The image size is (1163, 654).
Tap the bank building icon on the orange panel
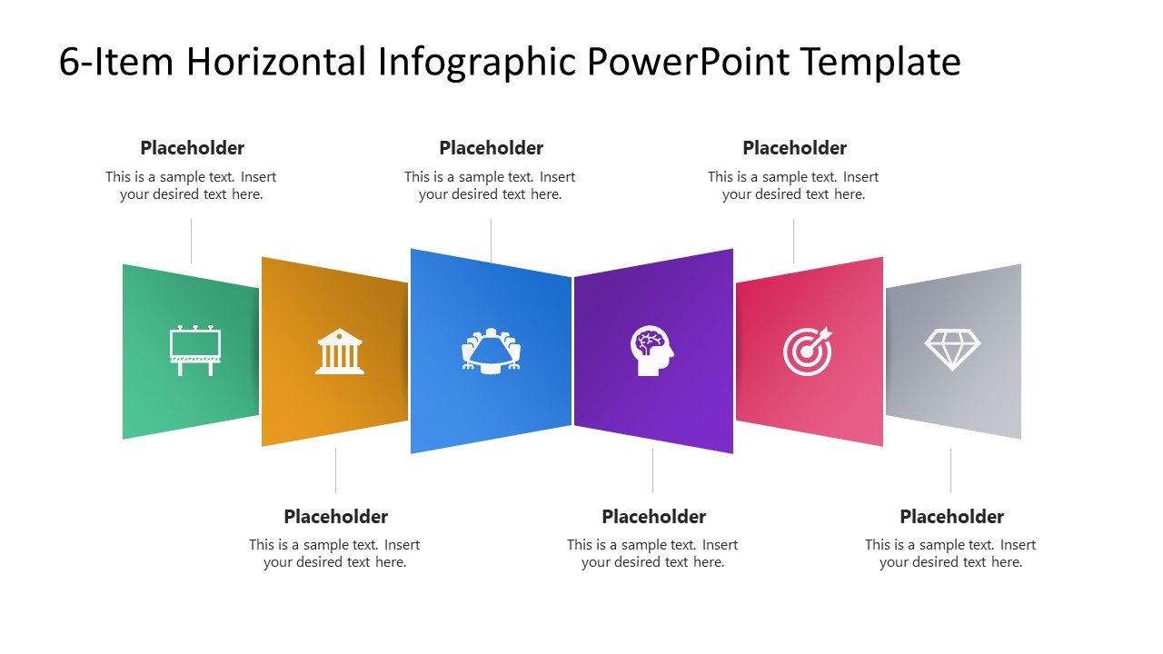(340, 352)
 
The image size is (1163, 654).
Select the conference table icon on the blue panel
(492, 350)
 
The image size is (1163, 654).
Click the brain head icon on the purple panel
(652, 351)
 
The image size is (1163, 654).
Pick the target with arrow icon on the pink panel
(808, 352)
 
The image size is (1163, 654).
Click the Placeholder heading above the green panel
(192, 148)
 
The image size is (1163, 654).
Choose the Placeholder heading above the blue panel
(491, 148)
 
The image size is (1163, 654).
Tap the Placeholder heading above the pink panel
(794, 148)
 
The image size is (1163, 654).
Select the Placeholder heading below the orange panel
(335, 517)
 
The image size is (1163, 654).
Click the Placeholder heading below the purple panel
(653, 517)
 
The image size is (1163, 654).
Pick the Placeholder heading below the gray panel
(951, 517)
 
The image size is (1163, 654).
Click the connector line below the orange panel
(335, 471)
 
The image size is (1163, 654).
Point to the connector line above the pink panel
(793, 241)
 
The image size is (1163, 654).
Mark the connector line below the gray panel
(951, 471)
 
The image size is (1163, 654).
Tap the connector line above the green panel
(191, 241)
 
